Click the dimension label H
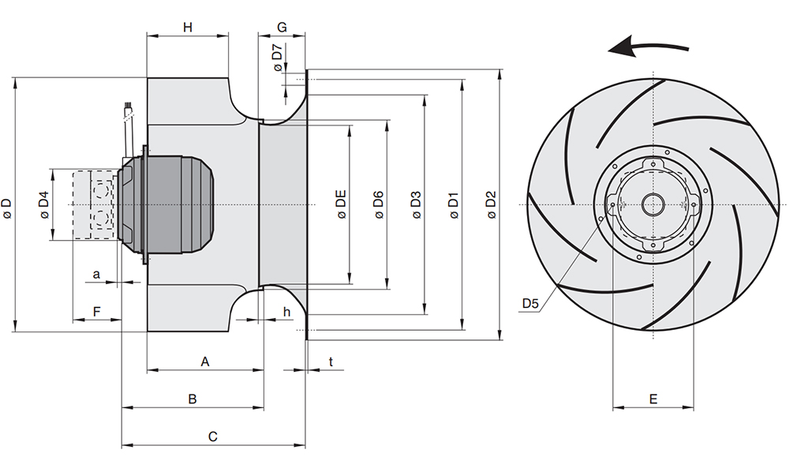click(x=188, y=27)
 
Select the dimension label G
click(x=282, y=27)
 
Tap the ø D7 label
click(x=278, y=58)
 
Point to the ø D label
click(x=6, y=208)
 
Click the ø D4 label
click(x=44, y=204)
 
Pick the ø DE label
click(x=341, y=204)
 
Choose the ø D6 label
click(x=379, y=204)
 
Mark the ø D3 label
click(x=416, y=204)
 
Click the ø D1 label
click(x=454, y=204)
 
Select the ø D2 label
click(x=492, y=204)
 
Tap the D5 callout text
click(x=530, y=303)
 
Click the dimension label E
click(x=653, y=399)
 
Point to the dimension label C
click(x=213, y=436)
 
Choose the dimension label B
click(x=193, y=399)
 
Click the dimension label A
click(x=205, y=361)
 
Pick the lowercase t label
click(x=331, y=361)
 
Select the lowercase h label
click(x=287, y=312)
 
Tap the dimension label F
click(x=97, y=312)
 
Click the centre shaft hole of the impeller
click(x=653, y=204)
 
